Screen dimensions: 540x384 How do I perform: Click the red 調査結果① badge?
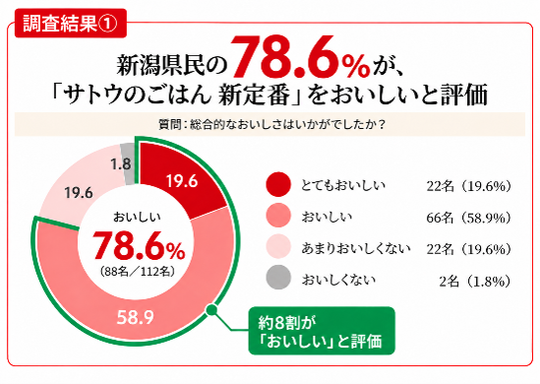(71, 24)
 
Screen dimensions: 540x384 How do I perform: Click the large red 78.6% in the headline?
(300, 57)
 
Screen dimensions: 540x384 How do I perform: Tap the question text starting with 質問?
(271, 124)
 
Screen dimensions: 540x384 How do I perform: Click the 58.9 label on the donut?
(136, 317)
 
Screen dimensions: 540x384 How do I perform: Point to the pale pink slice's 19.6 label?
(79, 192)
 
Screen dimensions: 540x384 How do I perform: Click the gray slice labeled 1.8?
(129, 163)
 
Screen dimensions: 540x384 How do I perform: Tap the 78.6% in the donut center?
(139, 245)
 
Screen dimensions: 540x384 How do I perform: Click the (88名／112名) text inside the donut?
(138, 272)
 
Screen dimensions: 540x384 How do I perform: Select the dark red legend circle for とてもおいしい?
(278, 184)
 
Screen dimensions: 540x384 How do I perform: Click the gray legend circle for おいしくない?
(278, 277)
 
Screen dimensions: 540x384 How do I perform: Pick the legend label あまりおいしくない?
(356, 248)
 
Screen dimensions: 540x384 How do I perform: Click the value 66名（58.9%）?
(469, 218)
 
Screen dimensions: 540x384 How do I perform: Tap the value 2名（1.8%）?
(475, 282)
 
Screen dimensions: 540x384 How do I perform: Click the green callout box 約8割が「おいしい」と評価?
(322, 331)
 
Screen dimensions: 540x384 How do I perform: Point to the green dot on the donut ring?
(211, 310)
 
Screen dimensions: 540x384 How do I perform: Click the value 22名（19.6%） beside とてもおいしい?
(469, 186)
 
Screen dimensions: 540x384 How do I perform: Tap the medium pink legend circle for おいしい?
(278, 216)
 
